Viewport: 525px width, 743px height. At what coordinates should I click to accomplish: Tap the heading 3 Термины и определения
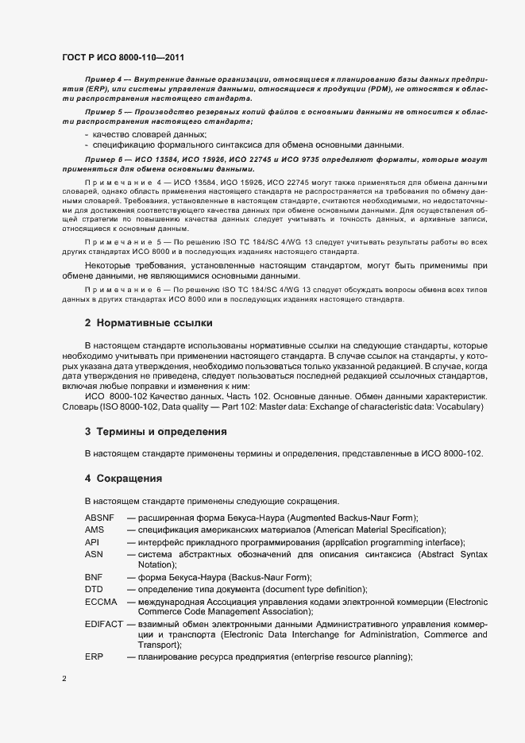click(156, 432)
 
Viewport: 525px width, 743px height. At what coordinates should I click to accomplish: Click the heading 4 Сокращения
click(123, 479)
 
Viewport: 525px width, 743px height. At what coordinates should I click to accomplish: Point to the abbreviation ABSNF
click(99, 518)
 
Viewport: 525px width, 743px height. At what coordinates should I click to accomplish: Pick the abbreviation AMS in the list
click(95, 529)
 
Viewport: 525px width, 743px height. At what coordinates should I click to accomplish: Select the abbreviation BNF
click(94, 577)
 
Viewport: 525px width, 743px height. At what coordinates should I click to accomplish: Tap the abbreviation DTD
click(94, 590)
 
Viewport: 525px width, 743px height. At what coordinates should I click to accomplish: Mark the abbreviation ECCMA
click(101, 602)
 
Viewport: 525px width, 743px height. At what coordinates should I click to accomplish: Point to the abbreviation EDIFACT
click(104, 625)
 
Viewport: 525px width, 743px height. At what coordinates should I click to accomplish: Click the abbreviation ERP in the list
click(94, 659)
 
